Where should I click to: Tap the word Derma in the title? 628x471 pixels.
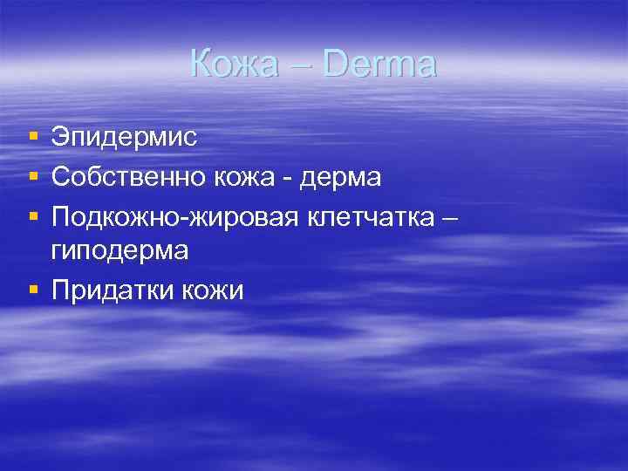(x=380, y=65)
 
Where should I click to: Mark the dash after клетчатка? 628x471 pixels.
(x=447, y=217)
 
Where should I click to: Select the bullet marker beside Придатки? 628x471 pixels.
(x=33, y=290)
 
